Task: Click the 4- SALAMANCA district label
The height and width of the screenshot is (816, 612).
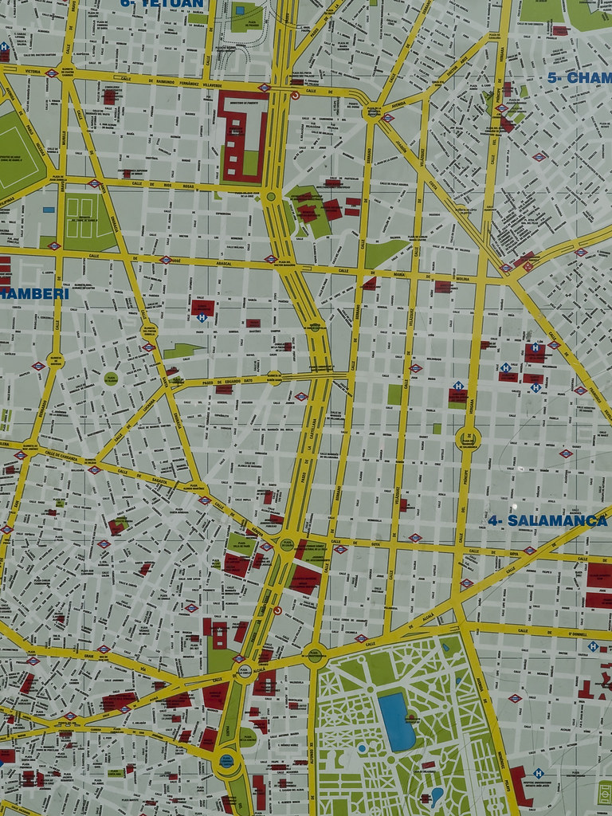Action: click(547, 520)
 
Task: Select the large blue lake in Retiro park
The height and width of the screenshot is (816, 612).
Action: click(396, 720)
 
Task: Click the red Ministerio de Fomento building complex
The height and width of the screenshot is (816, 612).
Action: click(242, 135)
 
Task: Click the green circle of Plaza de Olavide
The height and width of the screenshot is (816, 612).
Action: click(112, 378)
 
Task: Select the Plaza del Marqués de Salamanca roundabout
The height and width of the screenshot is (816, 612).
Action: click(468, 437)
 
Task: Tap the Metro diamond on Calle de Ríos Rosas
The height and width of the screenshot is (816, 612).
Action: click(94, 183)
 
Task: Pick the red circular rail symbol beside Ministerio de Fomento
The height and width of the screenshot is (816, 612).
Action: click(295, 95)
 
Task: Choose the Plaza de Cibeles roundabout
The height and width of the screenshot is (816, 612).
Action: click(243, 671)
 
